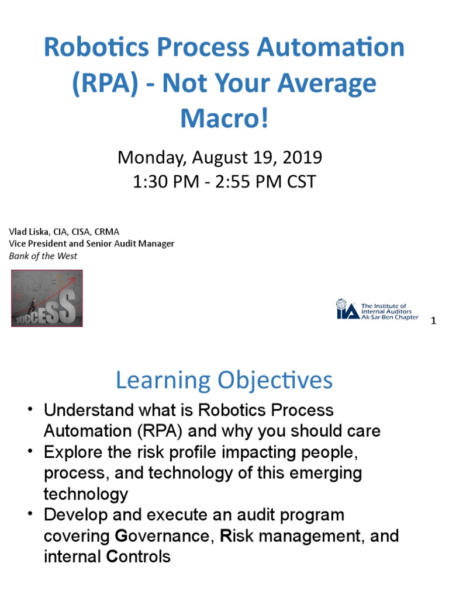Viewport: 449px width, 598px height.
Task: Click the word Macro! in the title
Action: [x=224, y=119]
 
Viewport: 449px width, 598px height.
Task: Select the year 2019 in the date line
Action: [x=302, y=157]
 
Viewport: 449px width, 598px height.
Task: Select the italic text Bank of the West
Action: [x=43, y=256]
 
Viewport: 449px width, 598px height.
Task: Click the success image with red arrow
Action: [x=47, y=298]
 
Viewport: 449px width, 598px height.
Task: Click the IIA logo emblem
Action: [x=347, y=309]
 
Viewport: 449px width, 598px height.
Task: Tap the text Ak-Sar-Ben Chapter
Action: [x=390, y=317]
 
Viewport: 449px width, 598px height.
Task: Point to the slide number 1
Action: [x=433, y=321]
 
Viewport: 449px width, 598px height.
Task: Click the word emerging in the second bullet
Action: [x=324, y=474]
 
